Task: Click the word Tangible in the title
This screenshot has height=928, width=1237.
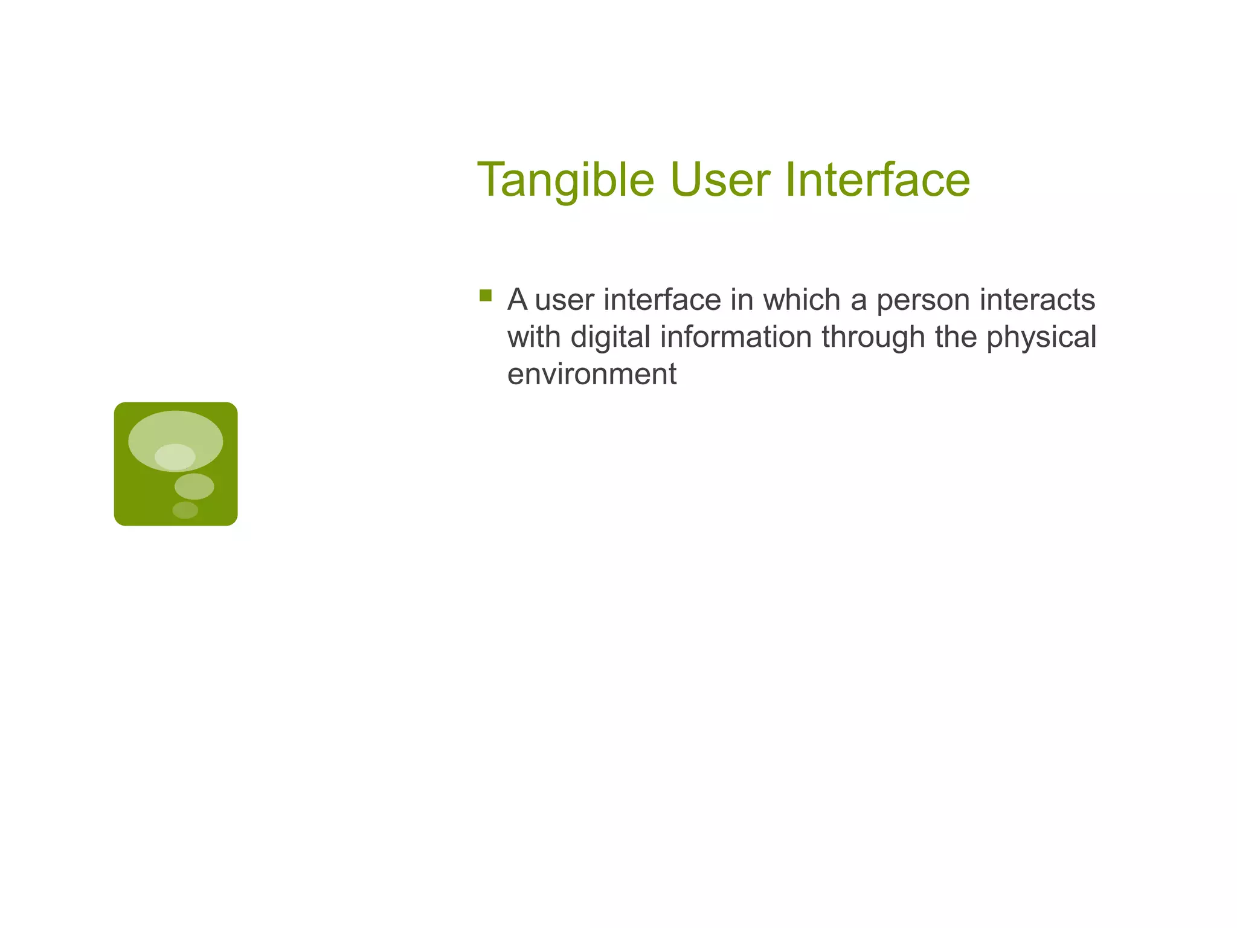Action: pyautogui.click(x=565, y=180)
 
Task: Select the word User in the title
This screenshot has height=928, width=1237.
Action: pyautogui.click(x=719, y=180)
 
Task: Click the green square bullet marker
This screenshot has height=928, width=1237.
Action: pyautogui.click(x=485, y=295)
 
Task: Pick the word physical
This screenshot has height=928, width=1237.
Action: pyautogui.click(x=1041, y=337)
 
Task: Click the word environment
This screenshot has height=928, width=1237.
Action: pyautogui.click(x=591, y=374)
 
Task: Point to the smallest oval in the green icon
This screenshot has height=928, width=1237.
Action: pyautogui.click(x=185, y=510)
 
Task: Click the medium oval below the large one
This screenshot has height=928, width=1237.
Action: pyautogui.click(x=194, y=486)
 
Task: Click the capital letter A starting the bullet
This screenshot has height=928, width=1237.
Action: pyautogui.click(x=518, y=300)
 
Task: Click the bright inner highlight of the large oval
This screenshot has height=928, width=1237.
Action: pyautogui.click(x=175, y=457)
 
